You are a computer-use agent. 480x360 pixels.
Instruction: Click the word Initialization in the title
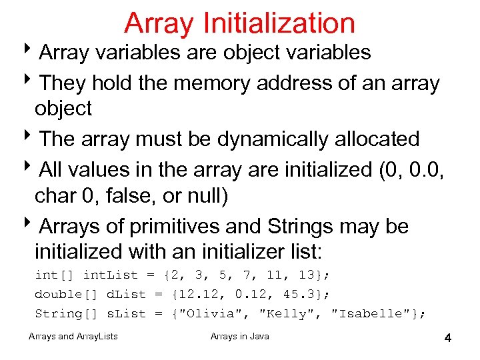[x=279, y=23]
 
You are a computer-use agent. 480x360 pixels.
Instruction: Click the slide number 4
[x=448, y=339]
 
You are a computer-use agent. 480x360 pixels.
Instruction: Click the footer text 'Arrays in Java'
[x=240, y=336]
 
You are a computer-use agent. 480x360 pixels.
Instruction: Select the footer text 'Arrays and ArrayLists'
[x=74, y=336]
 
